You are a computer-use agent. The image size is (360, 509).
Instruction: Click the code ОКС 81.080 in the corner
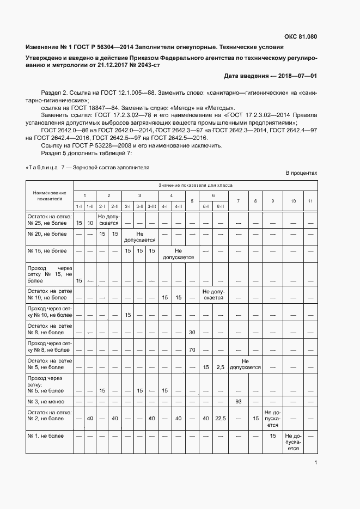(x=300, y=37)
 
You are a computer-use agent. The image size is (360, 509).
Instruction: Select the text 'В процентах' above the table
(x=301, y=173)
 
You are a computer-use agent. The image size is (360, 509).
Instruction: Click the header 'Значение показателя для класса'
(x=195, y=185)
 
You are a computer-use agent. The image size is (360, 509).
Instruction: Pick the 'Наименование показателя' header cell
(x=49, y=196)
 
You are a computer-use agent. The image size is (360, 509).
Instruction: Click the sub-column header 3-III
(x=152, y=206)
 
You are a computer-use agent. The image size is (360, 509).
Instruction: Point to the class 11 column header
(x=310, y=201)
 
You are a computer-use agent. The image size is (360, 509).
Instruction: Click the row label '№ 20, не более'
(x=47, y=234)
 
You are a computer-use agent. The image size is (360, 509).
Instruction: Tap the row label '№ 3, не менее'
(x=47, y=401)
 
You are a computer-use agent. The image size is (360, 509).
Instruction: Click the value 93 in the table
(x=237, y=401)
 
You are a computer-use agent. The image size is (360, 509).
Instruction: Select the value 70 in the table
(x=192, y=349)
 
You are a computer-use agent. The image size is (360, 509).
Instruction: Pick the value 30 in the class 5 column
(x=192, y=332)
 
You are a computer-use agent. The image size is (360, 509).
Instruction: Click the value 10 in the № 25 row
(x=90, y=223)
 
